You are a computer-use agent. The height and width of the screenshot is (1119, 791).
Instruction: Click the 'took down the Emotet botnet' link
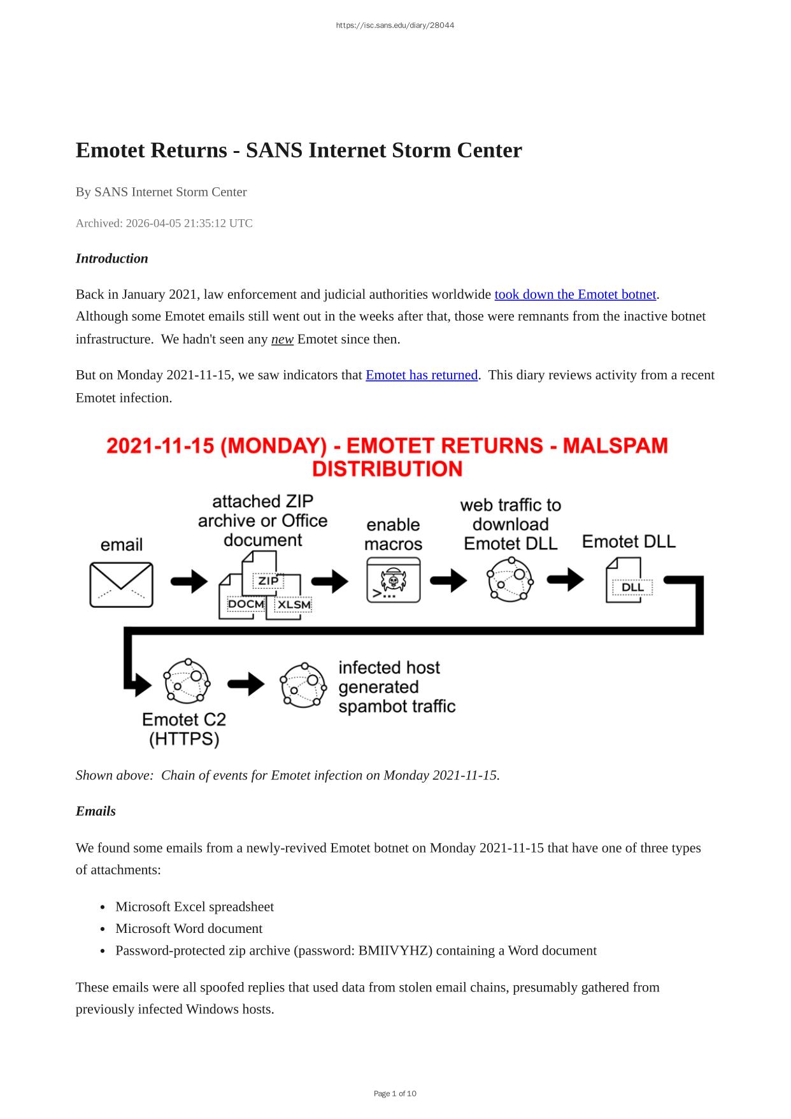point(575,294)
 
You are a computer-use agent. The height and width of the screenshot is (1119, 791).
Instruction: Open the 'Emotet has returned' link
point(421,375)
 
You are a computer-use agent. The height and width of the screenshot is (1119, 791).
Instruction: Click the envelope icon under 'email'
point(121,584)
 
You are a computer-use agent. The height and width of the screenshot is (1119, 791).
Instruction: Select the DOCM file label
point(246,603)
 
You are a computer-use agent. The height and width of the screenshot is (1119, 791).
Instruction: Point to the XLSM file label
point(294,605)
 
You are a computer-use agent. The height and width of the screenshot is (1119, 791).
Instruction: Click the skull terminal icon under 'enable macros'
point(394,581)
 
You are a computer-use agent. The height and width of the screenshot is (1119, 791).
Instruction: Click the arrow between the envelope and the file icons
point(189,581)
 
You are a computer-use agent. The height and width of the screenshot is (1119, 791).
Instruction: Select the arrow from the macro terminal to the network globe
point(448,581)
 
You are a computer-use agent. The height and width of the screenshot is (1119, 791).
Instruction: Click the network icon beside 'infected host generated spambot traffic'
point(303,684)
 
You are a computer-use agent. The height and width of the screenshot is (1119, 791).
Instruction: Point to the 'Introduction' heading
point(112,259)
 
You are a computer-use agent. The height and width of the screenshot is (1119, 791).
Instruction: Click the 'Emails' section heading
point(96,811)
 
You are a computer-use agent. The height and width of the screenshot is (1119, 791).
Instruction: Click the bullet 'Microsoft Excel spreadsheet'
point(194,907)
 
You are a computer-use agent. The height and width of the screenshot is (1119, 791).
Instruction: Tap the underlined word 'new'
point(282,340)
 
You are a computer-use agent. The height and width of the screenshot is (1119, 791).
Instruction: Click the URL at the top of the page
point(395,25)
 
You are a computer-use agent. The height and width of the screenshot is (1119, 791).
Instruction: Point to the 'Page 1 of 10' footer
point(395,1094)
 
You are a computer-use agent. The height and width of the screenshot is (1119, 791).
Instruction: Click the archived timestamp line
point(164,224)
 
